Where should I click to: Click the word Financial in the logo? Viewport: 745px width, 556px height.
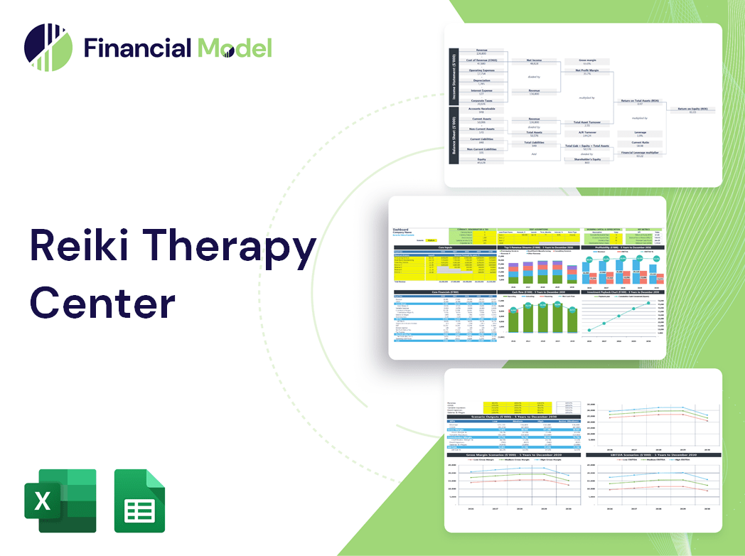click(x=136, y=48)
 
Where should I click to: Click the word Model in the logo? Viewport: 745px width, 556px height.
click(x=235, y=48)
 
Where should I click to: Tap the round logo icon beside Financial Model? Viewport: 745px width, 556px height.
click(x=48, y=48)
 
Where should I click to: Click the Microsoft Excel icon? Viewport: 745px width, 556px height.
click(x=60, y=501)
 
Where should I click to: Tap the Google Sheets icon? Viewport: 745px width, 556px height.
click(x=139, y=501)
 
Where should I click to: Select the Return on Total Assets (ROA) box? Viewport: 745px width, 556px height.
click(x=639, y=102)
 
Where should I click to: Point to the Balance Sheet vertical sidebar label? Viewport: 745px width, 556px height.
click(x=452, y=136)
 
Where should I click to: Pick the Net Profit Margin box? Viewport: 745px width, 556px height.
click(x=586, y=73)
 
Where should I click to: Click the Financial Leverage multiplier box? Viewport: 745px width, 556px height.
click(x=639, y=154)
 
